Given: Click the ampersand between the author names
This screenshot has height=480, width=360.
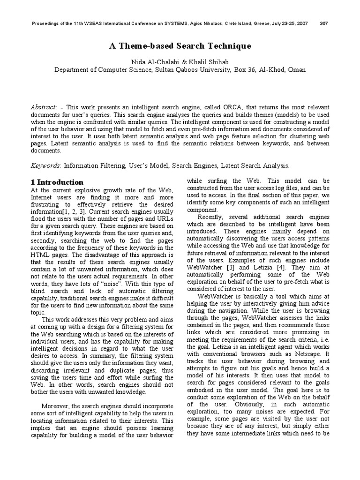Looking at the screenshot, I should tap(171, 61).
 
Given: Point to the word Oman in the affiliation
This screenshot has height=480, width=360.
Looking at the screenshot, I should tap(296, 70).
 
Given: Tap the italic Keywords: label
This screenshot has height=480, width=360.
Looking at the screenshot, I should tap(46, 165).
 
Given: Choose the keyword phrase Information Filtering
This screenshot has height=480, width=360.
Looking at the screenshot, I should tap(92, 165).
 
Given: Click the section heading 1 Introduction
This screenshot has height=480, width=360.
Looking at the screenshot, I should tap(57, 182).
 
